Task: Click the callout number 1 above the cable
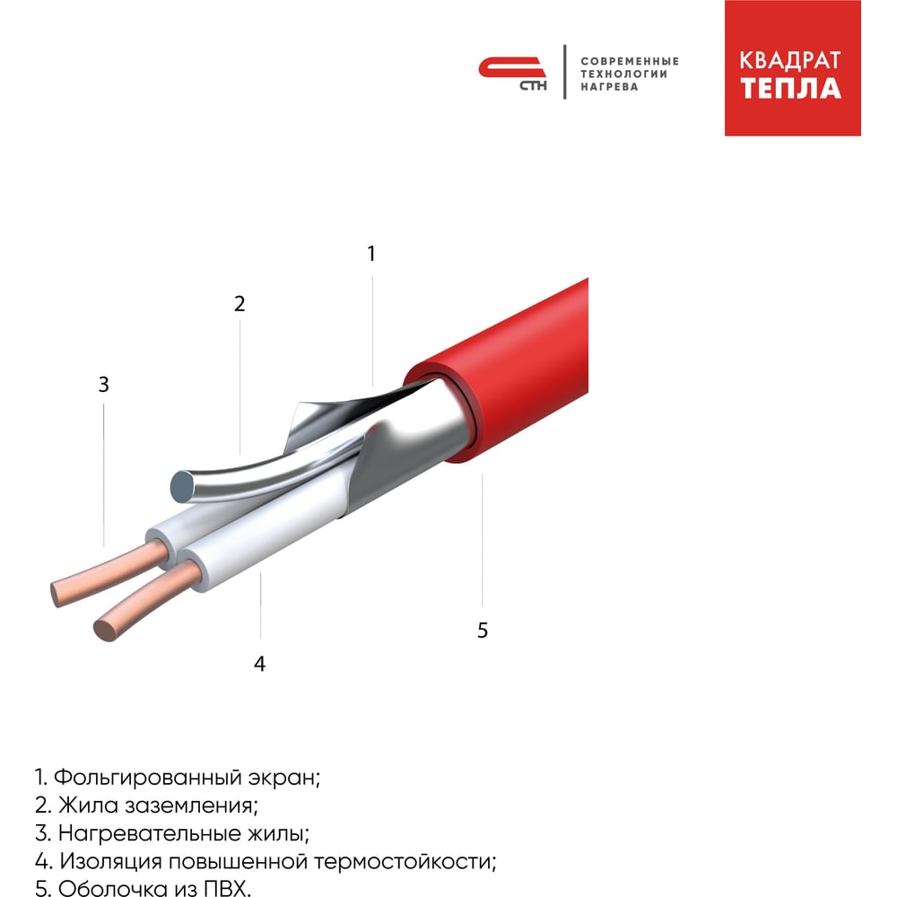pyautogui.click(x=371, y=254)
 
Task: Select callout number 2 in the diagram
pyautogui.click(x=239, y=304)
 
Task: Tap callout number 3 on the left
pyautogui.click(x=103, y=385)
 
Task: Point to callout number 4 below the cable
pyautogui.click(x=260, y=664)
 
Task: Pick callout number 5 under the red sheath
pyautogui.click(x=483, y=631)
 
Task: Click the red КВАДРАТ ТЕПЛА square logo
pyautogui.click(x=792, y=68)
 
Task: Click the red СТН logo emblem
pyautogui.click(x=512, y=73)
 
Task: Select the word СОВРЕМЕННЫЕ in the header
pyautogui.click(x=630, y=61)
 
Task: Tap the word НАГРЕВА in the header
pyautogui.click(x=609, y=87)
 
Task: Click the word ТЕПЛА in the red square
pyautogui.click(x=790, y=88)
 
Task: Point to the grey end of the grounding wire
pyautogui.click(x=182, y=487)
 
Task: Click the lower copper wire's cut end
pyautogui.click(x=106, y=631)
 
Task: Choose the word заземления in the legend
pyautogui.click(x=191, y=806)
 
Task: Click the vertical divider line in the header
pyautogui.click(x=564, y=72)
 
